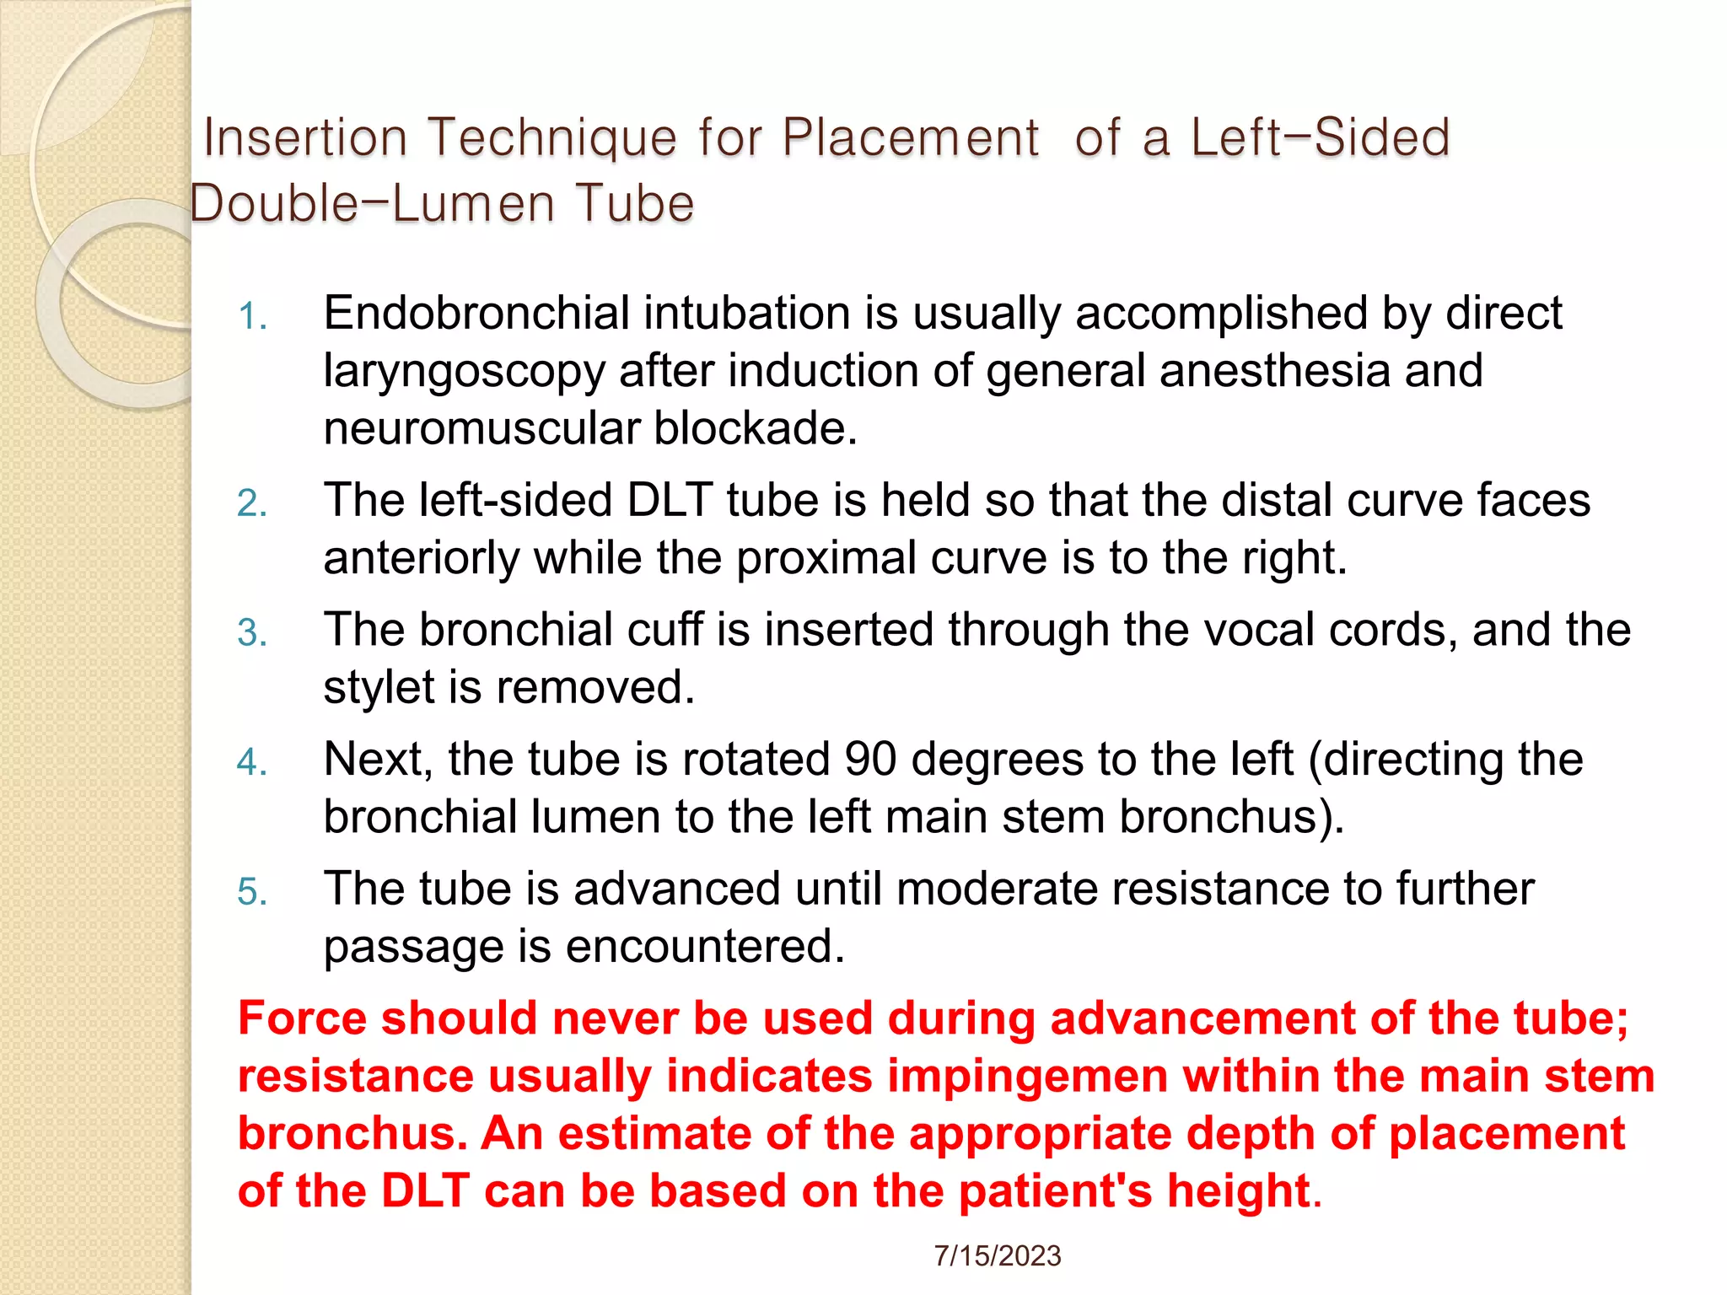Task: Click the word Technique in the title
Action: point(552,137)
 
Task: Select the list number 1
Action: point(252,317)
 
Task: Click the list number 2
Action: point(252,503)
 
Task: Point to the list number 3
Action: point(252,633)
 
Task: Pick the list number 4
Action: point(252,762)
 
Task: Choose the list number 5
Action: point(252,892)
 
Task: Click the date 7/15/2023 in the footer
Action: point(997,1256)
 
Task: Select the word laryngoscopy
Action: point(464,372)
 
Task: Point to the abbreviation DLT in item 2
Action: point(670,500)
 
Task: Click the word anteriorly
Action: point(421,558)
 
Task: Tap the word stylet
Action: point(379,688)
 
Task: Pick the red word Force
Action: point(302,1018)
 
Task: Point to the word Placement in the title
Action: point(910,137)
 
